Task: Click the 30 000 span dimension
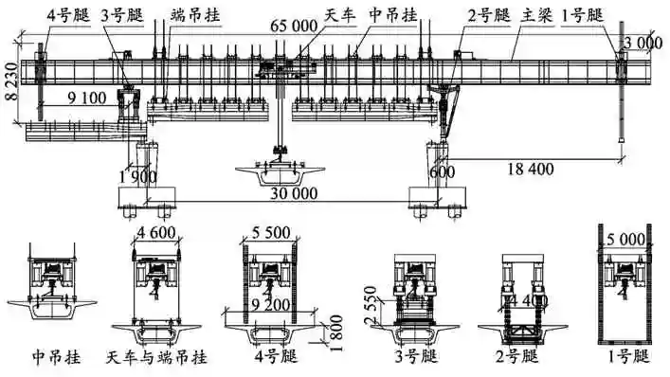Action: (x=290, y=192)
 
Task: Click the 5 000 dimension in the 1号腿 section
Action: (x=625, y=239)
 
